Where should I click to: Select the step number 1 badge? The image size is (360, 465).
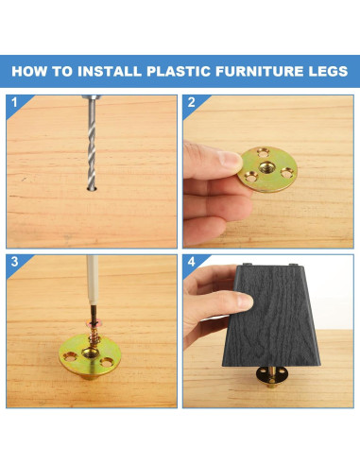pos(13,101)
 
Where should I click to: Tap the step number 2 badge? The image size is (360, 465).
pos(191,101)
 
